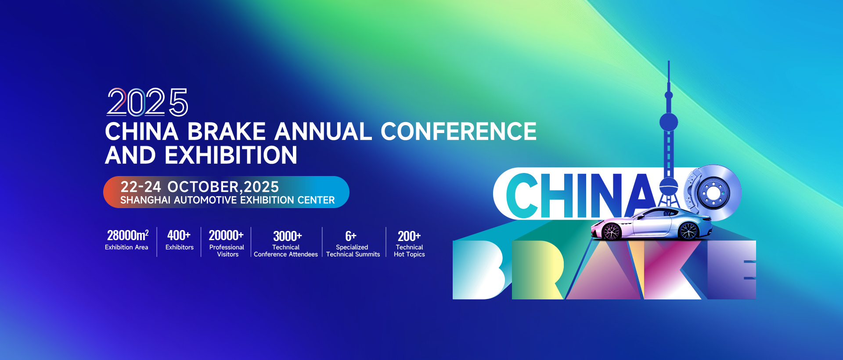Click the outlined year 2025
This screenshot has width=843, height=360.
click(148, 102)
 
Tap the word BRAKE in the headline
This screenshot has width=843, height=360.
click(227, 131)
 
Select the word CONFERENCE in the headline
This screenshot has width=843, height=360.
click(458, 131)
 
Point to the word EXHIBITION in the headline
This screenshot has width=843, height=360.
click(231, 155)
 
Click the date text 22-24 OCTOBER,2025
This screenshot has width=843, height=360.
click(200, 187)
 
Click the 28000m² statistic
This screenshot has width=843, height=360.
click(128, 235)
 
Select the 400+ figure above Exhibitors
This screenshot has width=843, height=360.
click(179, 235)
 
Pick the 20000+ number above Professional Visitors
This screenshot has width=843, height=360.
click(226, 235)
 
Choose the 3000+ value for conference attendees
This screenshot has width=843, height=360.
click(288, 236)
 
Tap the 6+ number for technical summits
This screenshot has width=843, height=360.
click(351, 236)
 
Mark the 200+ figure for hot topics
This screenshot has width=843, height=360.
click(409, 236)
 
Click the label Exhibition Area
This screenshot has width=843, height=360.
click(126, 247)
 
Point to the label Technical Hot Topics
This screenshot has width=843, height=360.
click(409, 251)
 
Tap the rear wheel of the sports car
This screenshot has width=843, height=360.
click(688, 230)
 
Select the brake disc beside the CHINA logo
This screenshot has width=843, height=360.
click(713, 193)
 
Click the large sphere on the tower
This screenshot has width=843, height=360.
click(669, 122)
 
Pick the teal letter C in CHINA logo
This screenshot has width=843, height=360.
click(522, 195)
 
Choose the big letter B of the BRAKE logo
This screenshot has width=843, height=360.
click(479, 270)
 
